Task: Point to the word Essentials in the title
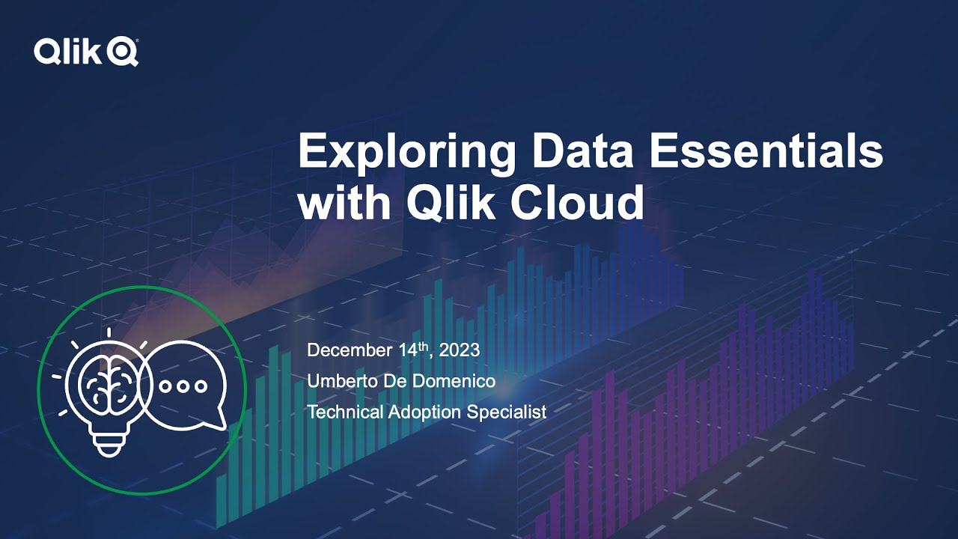click(766, 153)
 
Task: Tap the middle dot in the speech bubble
click(183, 386)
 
